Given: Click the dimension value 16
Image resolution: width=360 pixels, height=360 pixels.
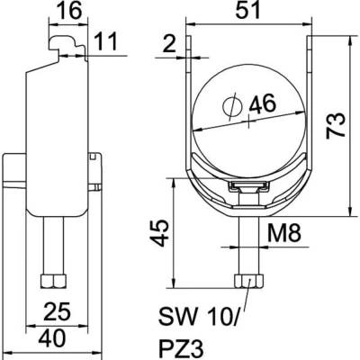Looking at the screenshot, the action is tap(69, 10).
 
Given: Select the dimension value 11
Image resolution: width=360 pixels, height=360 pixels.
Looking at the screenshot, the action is tap(105, 41).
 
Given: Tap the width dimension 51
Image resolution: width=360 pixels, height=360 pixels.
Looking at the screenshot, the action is tap(247, 10).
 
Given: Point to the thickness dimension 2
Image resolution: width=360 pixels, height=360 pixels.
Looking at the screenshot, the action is tap(169, 44).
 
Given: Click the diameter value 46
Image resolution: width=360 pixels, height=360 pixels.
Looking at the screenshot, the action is tap(263, 103).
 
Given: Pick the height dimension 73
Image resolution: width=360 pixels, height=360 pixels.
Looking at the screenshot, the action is tap(336, 126).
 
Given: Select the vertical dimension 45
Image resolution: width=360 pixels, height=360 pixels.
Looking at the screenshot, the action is tap(159, 233).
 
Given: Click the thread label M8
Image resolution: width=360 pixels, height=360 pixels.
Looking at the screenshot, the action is tap(283, 233).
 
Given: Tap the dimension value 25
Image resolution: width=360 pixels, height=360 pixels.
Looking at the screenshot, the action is tap(58, 311).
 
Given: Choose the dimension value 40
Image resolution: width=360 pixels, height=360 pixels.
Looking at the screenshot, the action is tap(52, 338).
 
